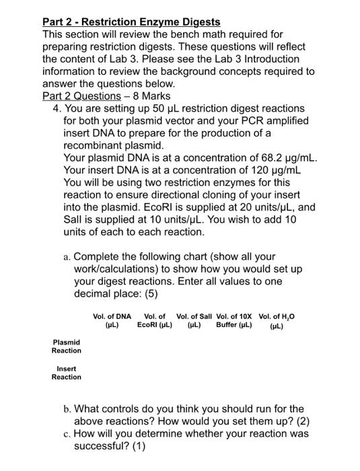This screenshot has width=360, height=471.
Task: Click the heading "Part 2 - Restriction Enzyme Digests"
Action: tap(131, 22)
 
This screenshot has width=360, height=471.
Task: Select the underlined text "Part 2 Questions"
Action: tap(81, 96)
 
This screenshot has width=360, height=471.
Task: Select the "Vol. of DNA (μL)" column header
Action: tap(112, 320)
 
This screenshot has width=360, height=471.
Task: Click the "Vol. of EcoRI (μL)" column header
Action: tap(155, 320)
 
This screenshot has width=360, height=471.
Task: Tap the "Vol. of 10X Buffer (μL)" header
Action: tap(234, 320)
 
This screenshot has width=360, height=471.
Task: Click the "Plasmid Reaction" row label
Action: tap(67, 347)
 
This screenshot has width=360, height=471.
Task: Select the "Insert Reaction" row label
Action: tap(67, 373)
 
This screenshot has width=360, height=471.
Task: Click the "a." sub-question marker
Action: tap(65, 256)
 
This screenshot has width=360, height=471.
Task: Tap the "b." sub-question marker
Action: tap(65, 408)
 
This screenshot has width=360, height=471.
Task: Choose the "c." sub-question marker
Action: tap(65, 433)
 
